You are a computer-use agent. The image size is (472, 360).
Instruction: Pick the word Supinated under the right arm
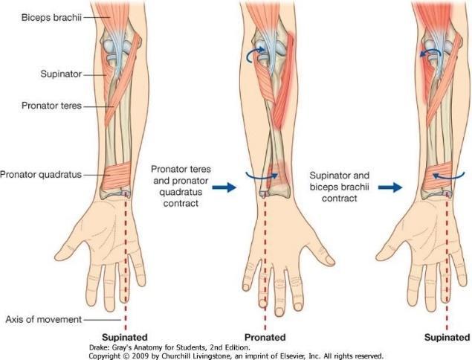pyautogui.click(x=447, y=337)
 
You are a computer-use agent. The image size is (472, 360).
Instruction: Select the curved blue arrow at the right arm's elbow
pyautogui.click(x=427, y=54)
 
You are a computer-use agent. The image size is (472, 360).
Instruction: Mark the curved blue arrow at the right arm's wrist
pyautogui.click(x=444, y=176)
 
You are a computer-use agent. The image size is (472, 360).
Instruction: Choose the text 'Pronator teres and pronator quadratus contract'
pyautogui.click(x=179, y=187)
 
